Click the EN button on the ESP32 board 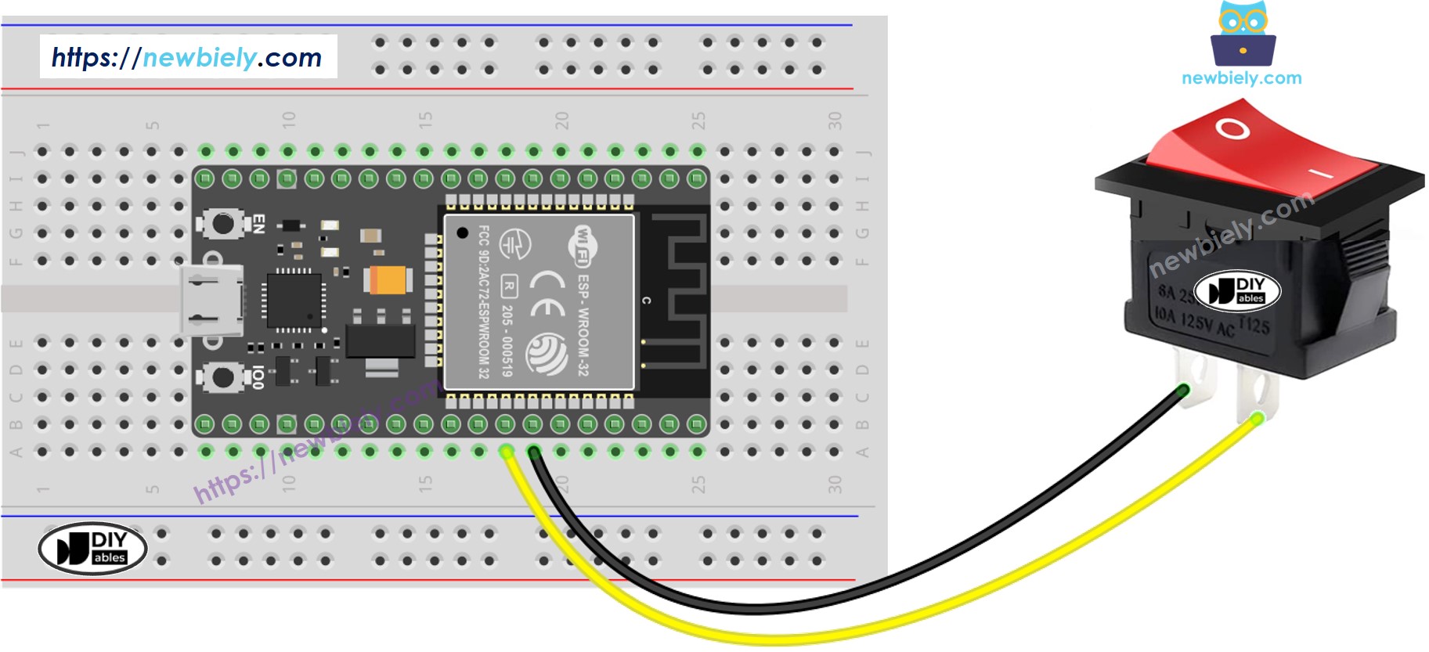pos(222,224)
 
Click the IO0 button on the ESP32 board pos(222,377)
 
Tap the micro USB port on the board pos(210,300)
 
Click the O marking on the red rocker pos(1232,128)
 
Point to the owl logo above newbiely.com pos(1243,35)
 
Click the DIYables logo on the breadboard pos(92,548)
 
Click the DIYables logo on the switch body pos(1237,290)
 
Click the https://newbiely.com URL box pos(188,56)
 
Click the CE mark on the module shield pos(547,294)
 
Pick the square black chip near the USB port pos(294,300)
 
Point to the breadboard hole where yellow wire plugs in pos(507,452)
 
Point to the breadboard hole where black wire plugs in pos(533,452)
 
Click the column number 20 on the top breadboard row pos(561,120)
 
